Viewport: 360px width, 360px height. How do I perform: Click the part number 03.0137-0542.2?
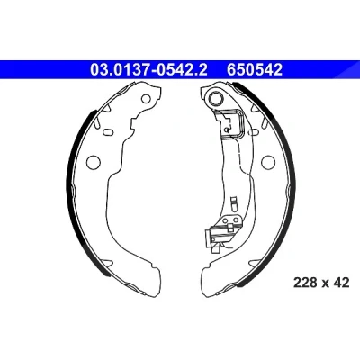(x=148, y=70)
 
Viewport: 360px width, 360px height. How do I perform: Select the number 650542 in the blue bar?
(x=255, y=70)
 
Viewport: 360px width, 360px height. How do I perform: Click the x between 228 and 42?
(x=326, y=283)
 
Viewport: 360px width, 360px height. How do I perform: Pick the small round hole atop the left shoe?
(x=146, y=98)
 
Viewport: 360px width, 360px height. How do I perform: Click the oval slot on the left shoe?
(x=107, y=131)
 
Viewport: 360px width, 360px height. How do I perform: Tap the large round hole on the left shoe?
(x=93, y=162)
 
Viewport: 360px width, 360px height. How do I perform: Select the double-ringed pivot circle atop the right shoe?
(x=216, y=98)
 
